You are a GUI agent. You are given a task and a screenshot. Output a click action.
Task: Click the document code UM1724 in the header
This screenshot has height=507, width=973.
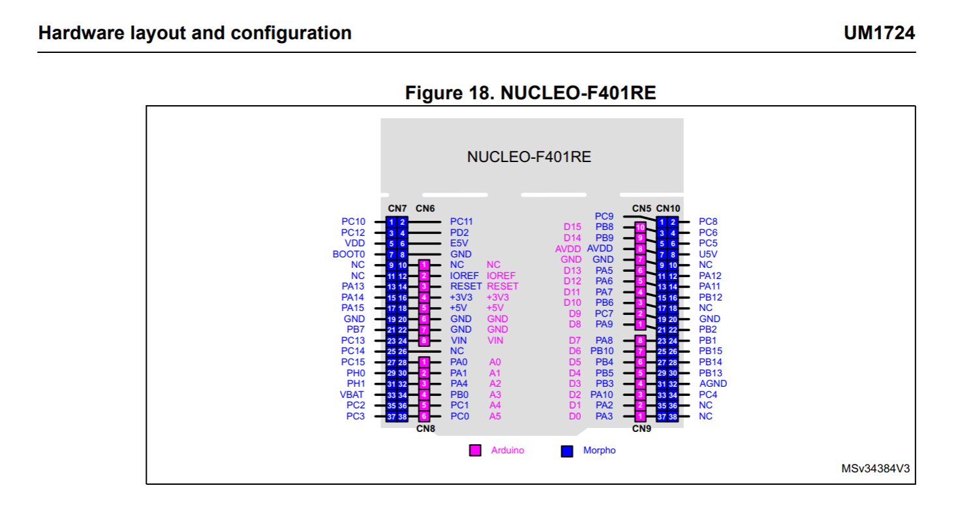pos(879,33)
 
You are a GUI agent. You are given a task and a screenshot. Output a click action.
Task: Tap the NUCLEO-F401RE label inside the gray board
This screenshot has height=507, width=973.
pos(529,157)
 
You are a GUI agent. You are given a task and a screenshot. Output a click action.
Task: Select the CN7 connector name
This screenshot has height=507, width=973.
pos(397,208)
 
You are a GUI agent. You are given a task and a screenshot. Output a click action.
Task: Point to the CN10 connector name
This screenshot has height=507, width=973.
pos(668,208)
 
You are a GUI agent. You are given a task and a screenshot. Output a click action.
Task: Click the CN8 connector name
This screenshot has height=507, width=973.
pos(425,429)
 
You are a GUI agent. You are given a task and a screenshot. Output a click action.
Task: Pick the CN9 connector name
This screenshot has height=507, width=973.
pos(641,429)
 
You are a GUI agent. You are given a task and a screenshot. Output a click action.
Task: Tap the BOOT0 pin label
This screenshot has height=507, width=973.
pos(348,254)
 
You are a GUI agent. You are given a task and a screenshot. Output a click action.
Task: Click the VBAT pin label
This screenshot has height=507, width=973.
pos(352,395)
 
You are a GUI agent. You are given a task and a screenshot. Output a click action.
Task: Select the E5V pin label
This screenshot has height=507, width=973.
pos(459,243)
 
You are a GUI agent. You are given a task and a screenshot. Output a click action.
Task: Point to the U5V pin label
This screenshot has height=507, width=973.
pos(708,254)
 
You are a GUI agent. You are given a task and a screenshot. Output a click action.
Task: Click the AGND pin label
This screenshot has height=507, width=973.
pos(713,384)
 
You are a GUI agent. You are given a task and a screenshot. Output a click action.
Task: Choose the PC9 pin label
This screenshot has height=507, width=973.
pos(604,216)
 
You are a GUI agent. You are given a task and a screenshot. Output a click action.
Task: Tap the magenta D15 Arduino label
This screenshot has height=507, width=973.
pos(572,227)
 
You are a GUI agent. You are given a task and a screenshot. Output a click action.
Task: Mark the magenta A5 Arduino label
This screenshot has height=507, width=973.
pos(495,416)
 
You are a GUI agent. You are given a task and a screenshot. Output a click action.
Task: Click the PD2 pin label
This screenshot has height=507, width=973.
pos(459,233)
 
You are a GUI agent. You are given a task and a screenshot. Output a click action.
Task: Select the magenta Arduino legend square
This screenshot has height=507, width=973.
pos(476,451)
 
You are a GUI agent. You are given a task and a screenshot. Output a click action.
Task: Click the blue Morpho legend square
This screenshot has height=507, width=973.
pos(567,451)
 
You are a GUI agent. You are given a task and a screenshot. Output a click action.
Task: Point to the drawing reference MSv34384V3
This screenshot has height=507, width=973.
pos(875,468)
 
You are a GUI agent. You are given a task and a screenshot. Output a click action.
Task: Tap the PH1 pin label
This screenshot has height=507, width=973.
pos(356,384)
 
